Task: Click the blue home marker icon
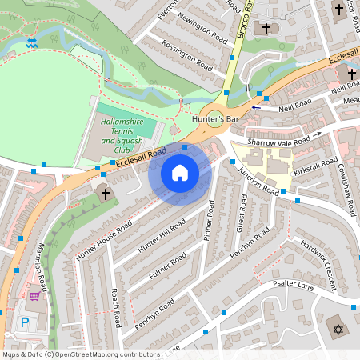180,173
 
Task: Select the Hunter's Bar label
217,118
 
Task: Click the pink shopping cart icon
34,295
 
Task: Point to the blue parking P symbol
24,322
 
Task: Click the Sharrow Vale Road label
278,142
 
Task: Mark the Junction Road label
258,180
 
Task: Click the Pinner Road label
209,216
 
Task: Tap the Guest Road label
242,217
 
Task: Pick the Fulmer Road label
167,267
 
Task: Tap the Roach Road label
117,307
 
